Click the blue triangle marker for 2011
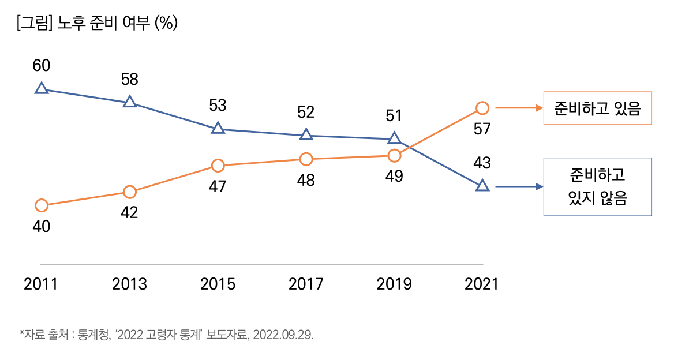click(41, 88)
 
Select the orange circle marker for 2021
click(482, 108)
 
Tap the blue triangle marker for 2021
click(482, 186)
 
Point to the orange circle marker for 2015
click(218, 166)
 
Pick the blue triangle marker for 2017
click(306, 134)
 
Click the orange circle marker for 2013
click(130, 192)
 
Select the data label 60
click(41, 66)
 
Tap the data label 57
click(482, 129)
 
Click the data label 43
click(482, 163)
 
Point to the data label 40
click(41, 227)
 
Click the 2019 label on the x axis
click(394, 284)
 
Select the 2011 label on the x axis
click(41, 284)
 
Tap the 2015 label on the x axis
click(218, 284)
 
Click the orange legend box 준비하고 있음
click(597, 108)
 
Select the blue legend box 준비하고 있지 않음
click(597, 186)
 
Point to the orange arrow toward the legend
click(519, 108)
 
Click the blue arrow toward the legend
click(519, 186)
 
